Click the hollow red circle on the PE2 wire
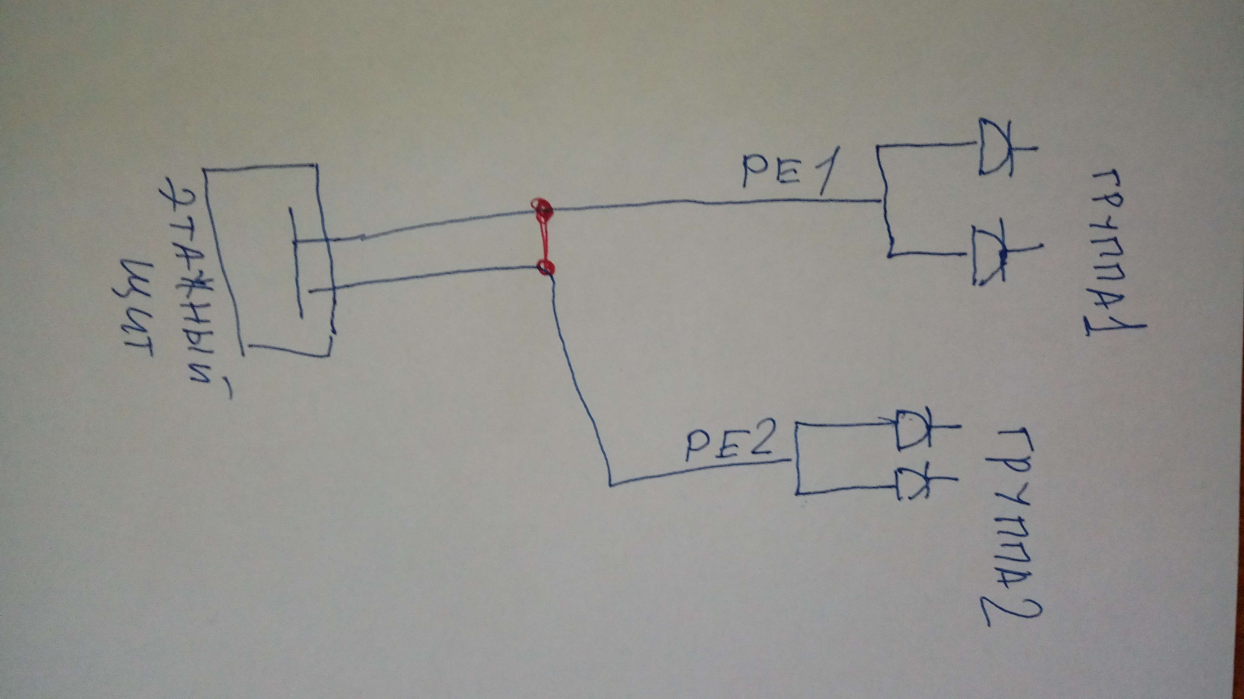pos(546,267)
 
